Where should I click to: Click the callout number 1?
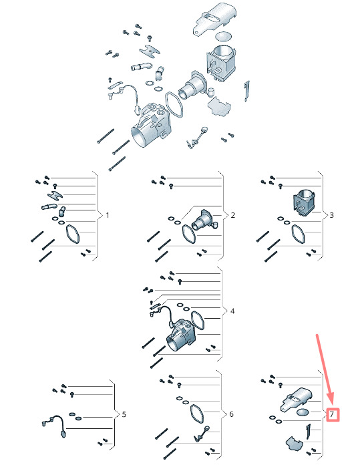(x=108, y=215)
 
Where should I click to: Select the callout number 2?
(x=232, y=215)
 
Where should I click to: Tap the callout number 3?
(x=332, y=215)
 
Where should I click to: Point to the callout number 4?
(x=232, y=311)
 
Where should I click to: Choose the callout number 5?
(x=124, y=414)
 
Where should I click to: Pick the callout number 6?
(x=231, y=414)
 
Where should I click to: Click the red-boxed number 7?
(x=332, y=414)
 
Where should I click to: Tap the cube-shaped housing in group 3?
(x=303, y=203)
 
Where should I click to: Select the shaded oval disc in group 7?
(x=303, y=412)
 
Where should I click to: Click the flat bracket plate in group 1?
(x=55, y=196)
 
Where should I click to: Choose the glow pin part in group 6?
(x=202, y=434)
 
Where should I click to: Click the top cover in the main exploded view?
(x=214, y=19)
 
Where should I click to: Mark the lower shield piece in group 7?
(x=294, y=444)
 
